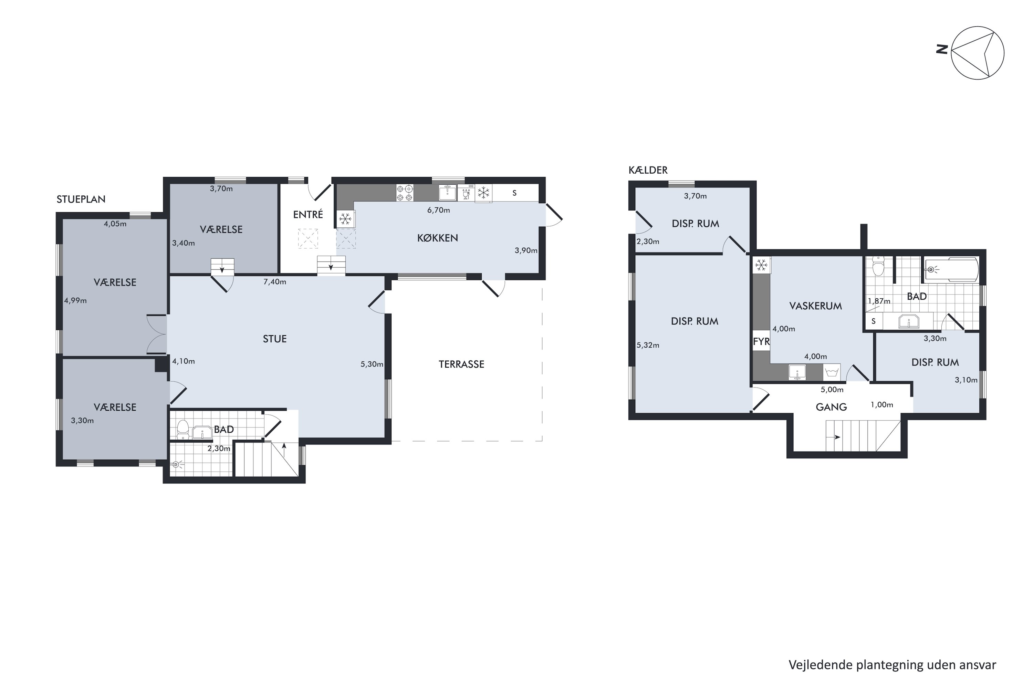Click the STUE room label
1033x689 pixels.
click(274, 339)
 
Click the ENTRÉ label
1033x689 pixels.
click(308, 214)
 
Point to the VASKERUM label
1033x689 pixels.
click(816, 306)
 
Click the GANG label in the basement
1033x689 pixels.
click(832, 407)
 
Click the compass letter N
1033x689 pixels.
click(942, 49)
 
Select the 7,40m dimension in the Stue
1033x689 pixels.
click(275, 282)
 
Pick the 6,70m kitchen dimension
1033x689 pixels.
click(439, 210)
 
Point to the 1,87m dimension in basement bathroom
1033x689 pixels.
click(879, 301)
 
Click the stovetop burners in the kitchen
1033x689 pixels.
click(405, 193)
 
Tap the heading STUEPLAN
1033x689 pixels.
click(81, 199)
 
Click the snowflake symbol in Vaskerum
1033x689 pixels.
click(761, 265)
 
